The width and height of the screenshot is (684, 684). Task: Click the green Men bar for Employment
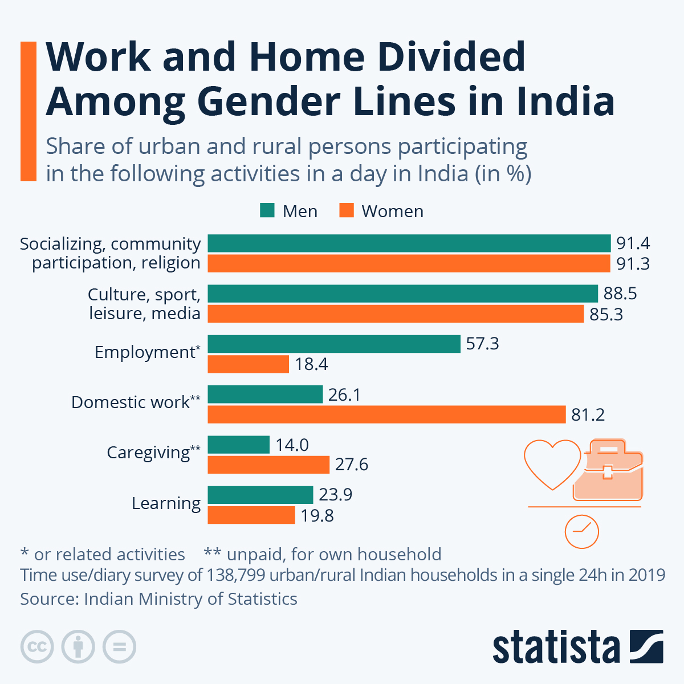pyautogui.click(x=334, y=344)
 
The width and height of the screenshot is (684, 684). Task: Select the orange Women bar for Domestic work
pyautogui.click(x=386, y=414)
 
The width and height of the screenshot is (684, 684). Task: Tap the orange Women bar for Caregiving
pyautogui.click(x=268, y=465)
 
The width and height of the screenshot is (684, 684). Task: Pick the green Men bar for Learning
pyautogui.click(x=260, y=495)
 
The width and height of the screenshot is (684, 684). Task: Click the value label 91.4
pyautogui.click(x=633, y=243)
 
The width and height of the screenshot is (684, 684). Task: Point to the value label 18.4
pyautogui.click(x=311, y=364)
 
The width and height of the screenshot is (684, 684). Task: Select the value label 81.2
pyautogui.click(x=588, y=414)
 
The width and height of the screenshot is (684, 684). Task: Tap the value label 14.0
pyautogui.click(x=292, y=445)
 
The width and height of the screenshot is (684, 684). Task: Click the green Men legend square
pyautogui.click(x=267, y=210)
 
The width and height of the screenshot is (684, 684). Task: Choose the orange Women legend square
pyautogui.click(x=347, y=210)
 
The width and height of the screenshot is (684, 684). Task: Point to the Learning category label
pyautogui.click(x=166, y=503)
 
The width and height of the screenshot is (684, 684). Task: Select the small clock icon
pyautogui.click(x=581, y=532)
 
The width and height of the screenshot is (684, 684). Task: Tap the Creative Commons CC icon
pyautogui.click(x=37, y=647)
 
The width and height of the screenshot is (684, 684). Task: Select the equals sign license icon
pyautogui.click(x=119, y=647)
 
